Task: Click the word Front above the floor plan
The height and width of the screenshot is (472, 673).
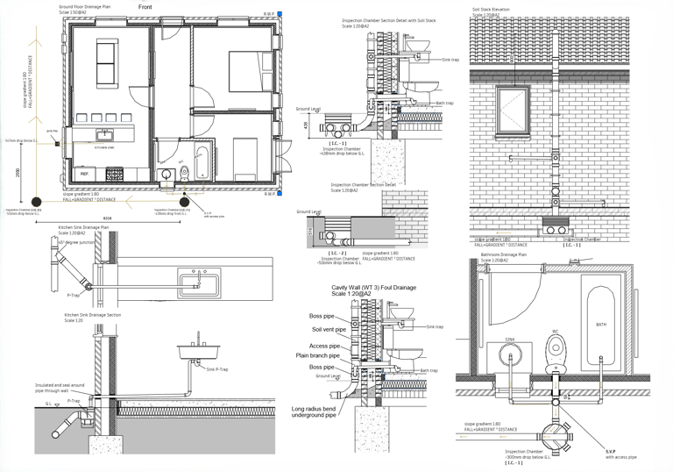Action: (x=149, y=7)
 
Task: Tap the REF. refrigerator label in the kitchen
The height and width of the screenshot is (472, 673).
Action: (x=85, y=175)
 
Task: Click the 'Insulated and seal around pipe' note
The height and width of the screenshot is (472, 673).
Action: (x=59, y=387)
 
